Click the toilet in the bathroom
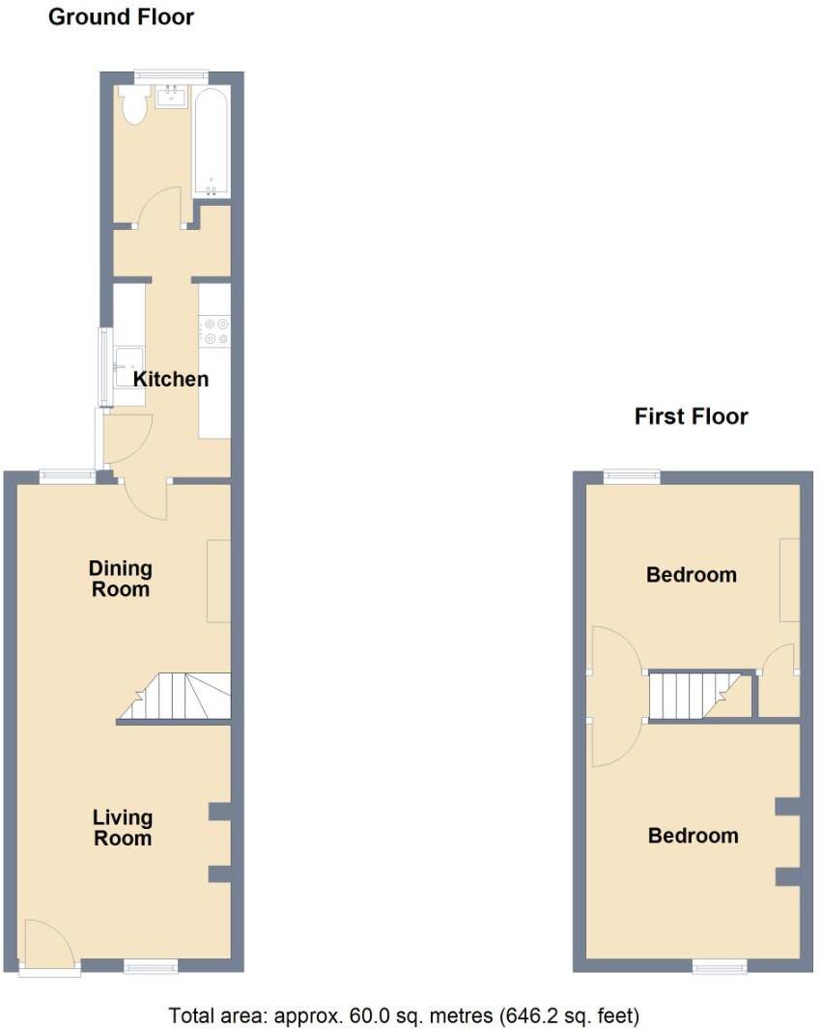point(132,105)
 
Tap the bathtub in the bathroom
point(210,141)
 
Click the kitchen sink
point(127,365)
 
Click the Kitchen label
point(170,379)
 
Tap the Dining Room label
point(121,578)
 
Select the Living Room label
point(122,828)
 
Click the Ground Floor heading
point(121,17)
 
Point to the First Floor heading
point(691,416)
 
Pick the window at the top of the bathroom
point(171,74)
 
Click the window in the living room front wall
point(151,964)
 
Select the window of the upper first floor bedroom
point(632,475)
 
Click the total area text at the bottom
point(404,1015)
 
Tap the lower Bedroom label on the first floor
point(693,836)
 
